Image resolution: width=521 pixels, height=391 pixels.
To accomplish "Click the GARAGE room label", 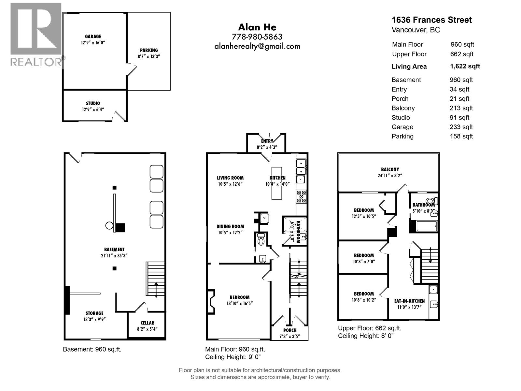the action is click(93, 36).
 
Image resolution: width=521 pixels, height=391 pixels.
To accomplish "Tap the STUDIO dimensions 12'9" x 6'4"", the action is click(93, 109).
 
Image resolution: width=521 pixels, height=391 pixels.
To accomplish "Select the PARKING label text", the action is click(149, 50).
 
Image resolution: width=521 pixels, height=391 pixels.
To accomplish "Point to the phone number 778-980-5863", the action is click(257, 37).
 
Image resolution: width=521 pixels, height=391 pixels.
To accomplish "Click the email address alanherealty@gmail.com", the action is click(257, 46).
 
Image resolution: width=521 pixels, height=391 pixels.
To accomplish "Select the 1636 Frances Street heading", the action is click(431, 20).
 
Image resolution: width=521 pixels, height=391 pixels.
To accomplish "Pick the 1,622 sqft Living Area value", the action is click(465, 66).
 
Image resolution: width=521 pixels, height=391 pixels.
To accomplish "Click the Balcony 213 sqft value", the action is click(461, 108).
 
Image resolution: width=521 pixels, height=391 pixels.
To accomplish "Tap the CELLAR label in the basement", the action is click(147, 323).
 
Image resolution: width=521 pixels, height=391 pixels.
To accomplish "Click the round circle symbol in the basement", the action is click(109, 225).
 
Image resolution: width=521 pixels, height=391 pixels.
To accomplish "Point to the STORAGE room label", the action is click(94, 313).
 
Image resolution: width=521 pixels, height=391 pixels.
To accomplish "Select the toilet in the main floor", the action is click(261, 239).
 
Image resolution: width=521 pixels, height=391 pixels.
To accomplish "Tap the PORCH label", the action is click(290, 330).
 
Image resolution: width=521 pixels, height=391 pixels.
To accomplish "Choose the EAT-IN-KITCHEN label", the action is click(409, 301).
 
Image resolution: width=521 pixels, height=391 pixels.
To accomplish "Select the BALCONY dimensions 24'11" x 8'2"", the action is click(390, 176).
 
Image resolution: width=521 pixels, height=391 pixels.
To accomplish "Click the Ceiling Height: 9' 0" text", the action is click(233, 357).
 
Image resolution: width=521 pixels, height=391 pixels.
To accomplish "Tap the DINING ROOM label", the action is click(230, 226).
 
